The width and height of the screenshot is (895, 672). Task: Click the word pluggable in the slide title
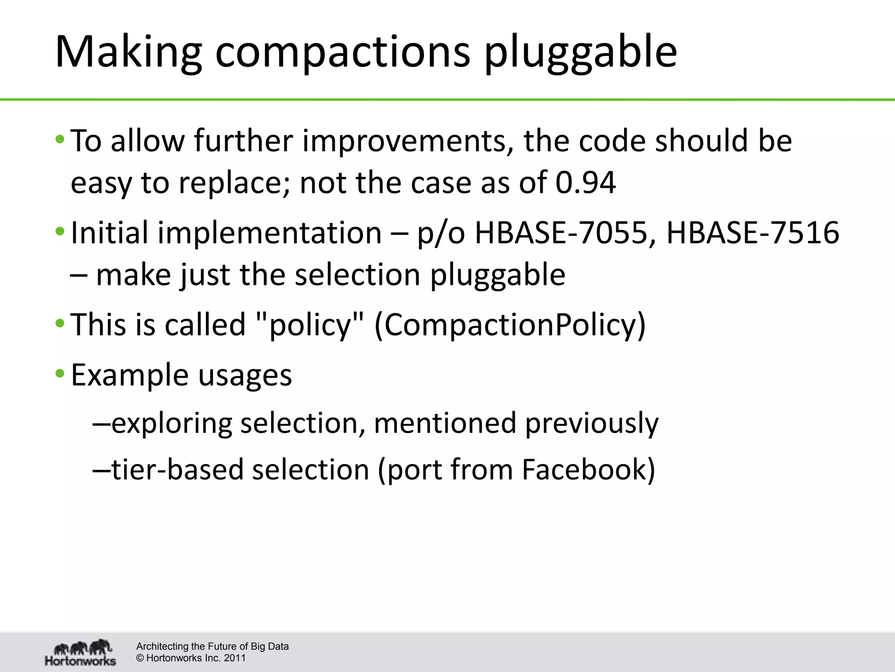pyautogui.click(x=581, y=52)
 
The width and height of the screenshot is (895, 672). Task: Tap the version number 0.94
pyautogui.click(x=586, y=183)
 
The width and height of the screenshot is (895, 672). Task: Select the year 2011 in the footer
pyautogui.click(x=235, y=658)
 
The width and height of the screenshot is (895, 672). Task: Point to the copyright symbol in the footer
pyautogui.click(x=140, y=658)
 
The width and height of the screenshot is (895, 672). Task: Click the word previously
pyautogui.click(x=592, y=423)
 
